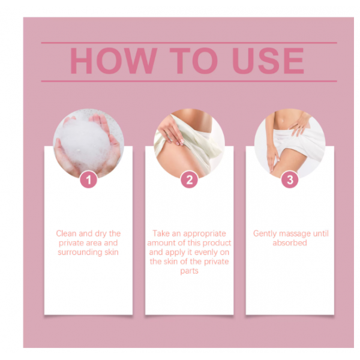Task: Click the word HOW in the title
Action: pyautogui.click(x=113, y=61)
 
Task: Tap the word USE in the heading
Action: pyautogui.click(x=268, y=61)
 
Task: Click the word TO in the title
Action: pyautogui.click(x=194, y=61)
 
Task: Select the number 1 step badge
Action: pyautogui.click(x=89, y=179)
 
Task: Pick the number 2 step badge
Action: pyautogui.click(x=189, y=179)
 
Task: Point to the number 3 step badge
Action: pyautogui.click(x=290, y=179)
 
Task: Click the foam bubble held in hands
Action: pyautogui.click(x=86, y=140)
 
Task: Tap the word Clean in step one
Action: pyautogui.click(x=66, y=233)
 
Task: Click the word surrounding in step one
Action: pyautogui.click(x=80, y=253)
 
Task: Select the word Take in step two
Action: pyautogui.click(x=161, y=233)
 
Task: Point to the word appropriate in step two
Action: pyautogui.click(x=205, y=234)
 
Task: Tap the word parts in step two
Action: pyautogui.click(x=189, y=271)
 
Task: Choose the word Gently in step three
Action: pyautogui.click(x=265, y=234)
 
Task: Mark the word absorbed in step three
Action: pyautogui.click(x=290, y=243)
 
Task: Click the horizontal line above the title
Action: pyautogui.click(x=189, y=43)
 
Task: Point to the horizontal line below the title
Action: pyautogui.click(x=189, y=81)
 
